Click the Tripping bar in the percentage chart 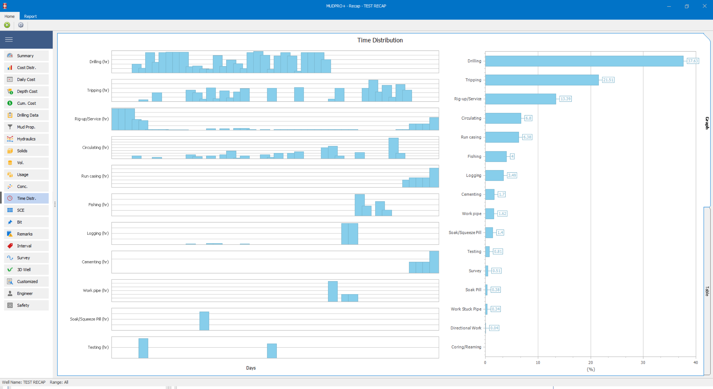542,80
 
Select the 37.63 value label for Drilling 693,61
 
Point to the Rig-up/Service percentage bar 520,99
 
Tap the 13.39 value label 566,99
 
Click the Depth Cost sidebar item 27,91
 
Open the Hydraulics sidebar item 27,139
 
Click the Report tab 30,16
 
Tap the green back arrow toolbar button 7,25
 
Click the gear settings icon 21,25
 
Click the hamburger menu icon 9,40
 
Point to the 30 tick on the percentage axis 643,362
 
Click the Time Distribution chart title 380,40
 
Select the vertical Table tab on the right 707,291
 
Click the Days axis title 251,368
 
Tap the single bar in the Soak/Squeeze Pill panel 204,321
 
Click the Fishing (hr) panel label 98,205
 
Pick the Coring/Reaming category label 466,347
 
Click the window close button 704,6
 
